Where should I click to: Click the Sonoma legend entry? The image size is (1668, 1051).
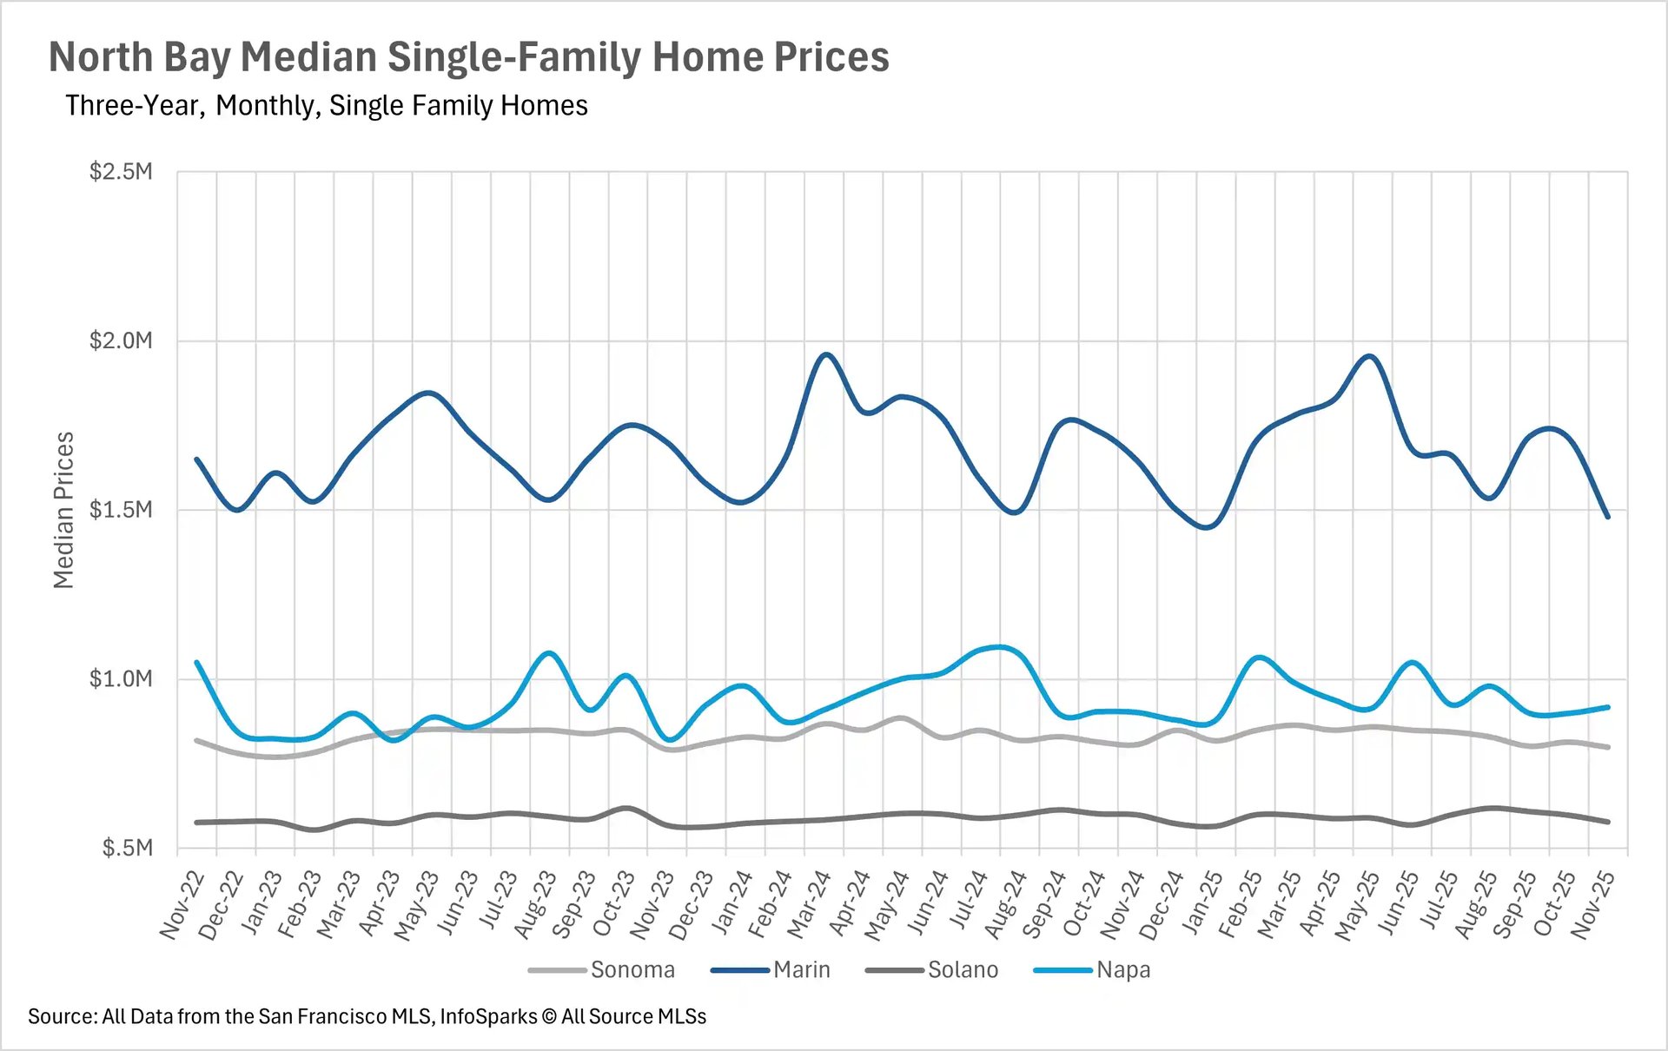click(x=632, y=969)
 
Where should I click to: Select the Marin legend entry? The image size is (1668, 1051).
click(x=801, y=969)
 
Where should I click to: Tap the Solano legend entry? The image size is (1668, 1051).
click(x=963, y=969)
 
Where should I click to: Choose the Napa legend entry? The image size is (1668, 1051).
click(x=1122, y=969)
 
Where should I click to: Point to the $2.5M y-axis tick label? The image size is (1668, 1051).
click(x=121, y=171)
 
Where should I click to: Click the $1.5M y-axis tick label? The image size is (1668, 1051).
click(x=121, y=510)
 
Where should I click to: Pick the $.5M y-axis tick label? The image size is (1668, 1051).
click(x=127, y=848)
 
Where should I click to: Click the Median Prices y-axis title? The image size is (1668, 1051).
click(x=63, y=510)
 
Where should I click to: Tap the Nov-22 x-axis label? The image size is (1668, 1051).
click(x=182, y=905)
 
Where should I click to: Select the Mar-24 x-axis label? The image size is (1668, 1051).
click(x=810, y=905)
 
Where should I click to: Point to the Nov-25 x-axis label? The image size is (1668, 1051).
click(x=1593, y=905)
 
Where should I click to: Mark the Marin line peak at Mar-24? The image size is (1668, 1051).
click(x=826, y=354)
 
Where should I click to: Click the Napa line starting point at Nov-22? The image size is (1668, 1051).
click(x=197, y=663)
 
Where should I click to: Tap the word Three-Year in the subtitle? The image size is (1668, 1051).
click(x=134, y=106)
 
